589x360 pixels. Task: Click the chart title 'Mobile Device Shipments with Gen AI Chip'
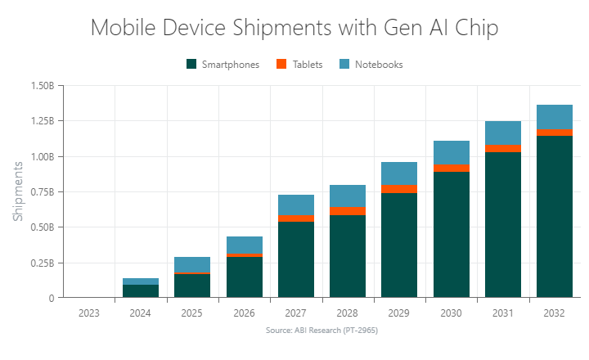click(x=294, y=28)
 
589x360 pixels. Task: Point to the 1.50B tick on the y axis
click(x=40, y=86)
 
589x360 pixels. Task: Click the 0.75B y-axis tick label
click(x=40, y=192)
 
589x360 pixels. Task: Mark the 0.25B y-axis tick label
click(x=40, y=263)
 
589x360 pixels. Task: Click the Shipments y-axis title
click(x=18, y=191)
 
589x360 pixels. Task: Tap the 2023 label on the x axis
click(x=89, y=312)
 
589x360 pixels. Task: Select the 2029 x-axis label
click(x=399, y=312)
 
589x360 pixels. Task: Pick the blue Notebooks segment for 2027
click(x=296, y=205)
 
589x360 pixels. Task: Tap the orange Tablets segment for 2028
click(x=348, y=211)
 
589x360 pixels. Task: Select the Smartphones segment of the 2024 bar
click(x=141, y=290)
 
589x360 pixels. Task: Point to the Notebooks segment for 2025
click(x=192, y=264)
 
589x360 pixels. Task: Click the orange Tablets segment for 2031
click(x=503, y=149)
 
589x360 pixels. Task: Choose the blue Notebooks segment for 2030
click(x=452, y=153)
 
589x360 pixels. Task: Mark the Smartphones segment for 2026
click(x=244, y=277)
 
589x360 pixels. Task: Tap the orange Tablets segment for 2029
click(x=399, y=189)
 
